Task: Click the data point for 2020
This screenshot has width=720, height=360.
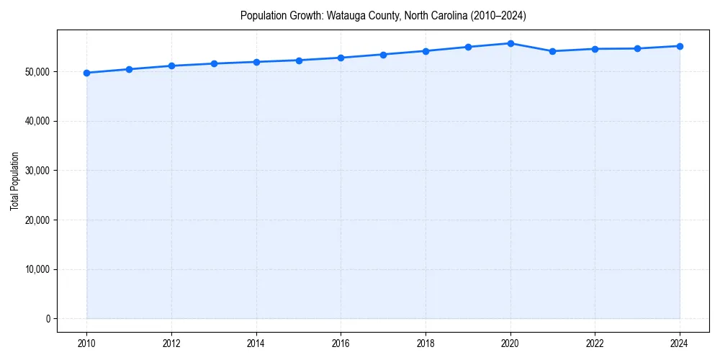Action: pyautogui.click(x=510, y=43)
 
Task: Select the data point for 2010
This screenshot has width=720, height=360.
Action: pyautogui.click(x=86, y=73)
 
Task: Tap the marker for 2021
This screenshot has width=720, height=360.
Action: pyautogui.click(x=552, y=51)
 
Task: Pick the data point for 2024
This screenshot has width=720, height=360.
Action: pyautogui.click(x=680, y=46)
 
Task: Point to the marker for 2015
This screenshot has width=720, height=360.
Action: pyautogui.click(x=299, y=60)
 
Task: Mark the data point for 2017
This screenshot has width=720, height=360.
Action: pyautogui.click(x=383, y=55)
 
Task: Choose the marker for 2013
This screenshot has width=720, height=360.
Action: pyautogui.click(x=214, y=63)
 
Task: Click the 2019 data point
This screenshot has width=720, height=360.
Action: pyautogui.click(x=468, y=47)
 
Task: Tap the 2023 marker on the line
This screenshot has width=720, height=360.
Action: pyautogui.click(x=637, y=48)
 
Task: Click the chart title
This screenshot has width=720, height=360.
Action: pyautogui.click(x=383, y=15)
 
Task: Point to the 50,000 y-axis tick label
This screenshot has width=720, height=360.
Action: pyautogui.click(x=35, y=72)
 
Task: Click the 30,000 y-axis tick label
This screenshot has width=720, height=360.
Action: pyautogui.click(x=35, y=171)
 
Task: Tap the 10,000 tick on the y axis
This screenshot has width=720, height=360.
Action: pyautogui.click(x=35, y=269)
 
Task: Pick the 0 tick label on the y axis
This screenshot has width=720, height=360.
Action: pyautogui.click(x=47, y=319)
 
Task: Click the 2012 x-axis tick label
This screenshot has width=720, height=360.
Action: pyautogui.click(x=171, y=343)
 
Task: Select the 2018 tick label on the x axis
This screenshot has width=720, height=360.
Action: pyautogui.click(x=426, y=343)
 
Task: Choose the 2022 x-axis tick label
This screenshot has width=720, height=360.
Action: pyautogui.click(x=595, y=343)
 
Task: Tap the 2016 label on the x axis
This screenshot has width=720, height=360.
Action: pyautogui.click(x=341, y=343)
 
